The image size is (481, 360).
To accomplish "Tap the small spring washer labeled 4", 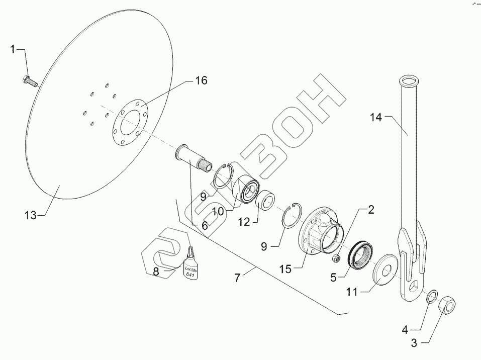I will [x=431, y=297].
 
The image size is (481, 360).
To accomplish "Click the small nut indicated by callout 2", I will [x=337, y=258].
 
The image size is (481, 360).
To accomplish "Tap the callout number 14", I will [x=376, y=117].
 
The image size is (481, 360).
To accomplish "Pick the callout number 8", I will [x=156, y=272].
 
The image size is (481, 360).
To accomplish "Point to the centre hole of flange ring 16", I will [x=128, y=124].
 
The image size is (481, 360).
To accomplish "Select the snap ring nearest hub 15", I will [x=292, y=216].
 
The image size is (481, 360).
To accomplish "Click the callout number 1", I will [x=14, y=49].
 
